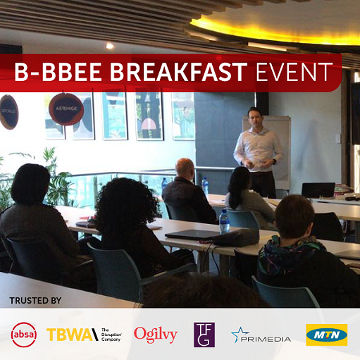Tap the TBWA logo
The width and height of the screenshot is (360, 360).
(x=84, y=334)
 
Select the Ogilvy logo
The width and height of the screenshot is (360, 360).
(x=156, y=334)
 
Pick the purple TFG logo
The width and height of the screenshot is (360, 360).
(x=204, y=334)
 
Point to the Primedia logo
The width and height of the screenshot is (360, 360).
(x=261, y=335)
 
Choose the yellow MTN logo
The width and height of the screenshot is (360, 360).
(x=326, y=334)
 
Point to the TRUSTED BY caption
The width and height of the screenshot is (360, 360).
(x=35, y=301)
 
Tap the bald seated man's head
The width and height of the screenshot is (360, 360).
(x=185, y=168)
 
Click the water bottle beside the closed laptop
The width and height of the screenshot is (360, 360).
(x=224, y=222)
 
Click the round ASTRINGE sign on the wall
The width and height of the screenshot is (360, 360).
(x=66, y=110)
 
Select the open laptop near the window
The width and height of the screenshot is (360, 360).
(x=318, y=190)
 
